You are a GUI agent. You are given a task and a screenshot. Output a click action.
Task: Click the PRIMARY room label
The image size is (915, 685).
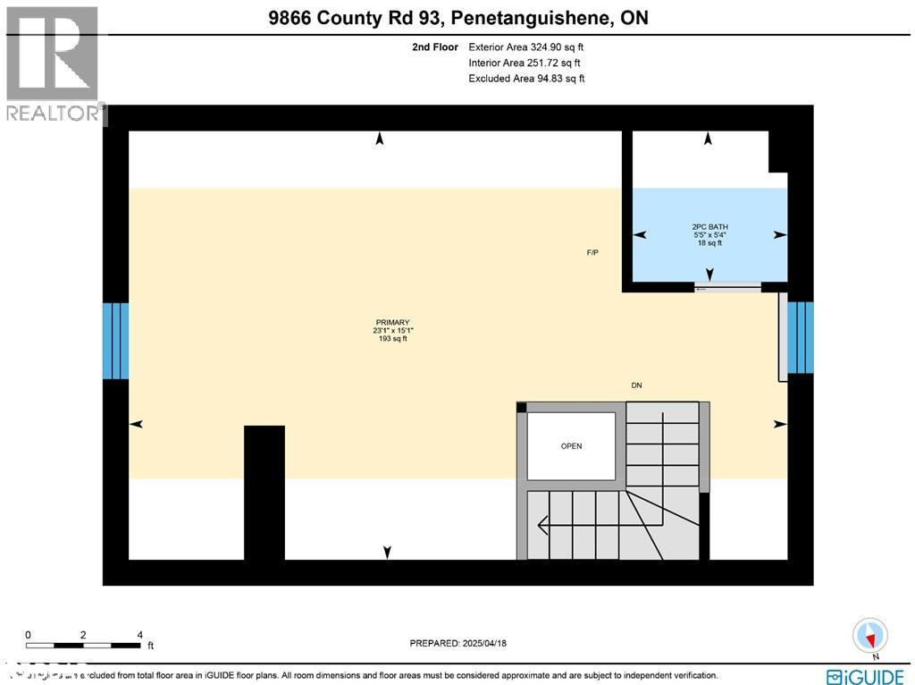coord(392,323)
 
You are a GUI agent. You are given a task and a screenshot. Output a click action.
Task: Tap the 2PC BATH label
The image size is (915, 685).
coord(709,227)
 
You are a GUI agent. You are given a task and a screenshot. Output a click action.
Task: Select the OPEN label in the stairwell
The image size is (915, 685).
coord(571,446)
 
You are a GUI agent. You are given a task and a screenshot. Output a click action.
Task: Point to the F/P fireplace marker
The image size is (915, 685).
coord(592,253)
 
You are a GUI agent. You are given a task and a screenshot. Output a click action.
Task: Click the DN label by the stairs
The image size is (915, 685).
coord(636,385)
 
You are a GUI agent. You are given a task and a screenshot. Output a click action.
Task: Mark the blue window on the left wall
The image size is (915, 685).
coord(116,341)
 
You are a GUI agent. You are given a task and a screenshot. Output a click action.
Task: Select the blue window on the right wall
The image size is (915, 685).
coord(801,336)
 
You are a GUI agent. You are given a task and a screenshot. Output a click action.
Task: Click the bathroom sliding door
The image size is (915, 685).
coord(728,287)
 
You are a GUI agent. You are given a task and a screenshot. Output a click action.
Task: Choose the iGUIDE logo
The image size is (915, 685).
coord(866,676)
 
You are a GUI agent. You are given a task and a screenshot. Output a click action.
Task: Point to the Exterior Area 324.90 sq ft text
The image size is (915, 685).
coord(527,47)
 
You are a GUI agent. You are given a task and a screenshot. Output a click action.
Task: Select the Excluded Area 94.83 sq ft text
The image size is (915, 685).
coord(526,79)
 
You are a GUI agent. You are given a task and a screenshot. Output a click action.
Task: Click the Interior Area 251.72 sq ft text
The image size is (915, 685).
coord(525,63)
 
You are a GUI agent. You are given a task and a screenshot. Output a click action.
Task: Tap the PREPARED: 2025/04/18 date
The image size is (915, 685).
coord(457,643)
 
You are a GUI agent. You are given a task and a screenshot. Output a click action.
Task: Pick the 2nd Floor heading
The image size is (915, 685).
coord(435,47)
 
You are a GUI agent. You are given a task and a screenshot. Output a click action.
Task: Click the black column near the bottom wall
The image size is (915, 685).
coord(264,492)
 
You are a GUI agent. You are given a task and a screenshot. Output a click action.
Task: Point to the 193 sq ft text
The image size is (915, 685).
coord(392,339)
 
